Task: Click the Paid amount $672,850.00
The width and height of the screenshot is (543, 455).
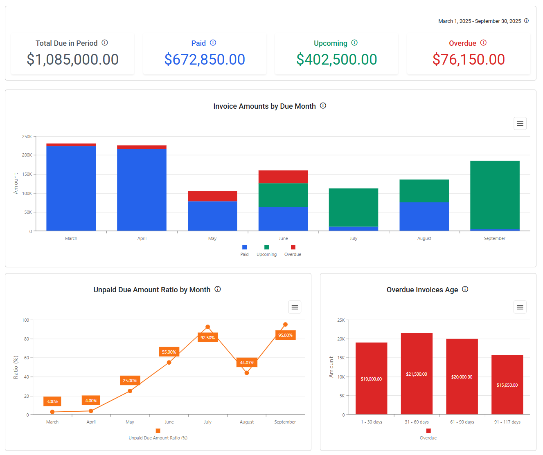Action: pos(205,60)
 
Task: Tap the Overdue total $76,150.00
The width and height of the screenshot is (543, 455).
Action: pos(469,60)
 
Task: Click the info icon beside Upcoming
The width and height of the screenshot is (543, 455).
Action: pos(354,43)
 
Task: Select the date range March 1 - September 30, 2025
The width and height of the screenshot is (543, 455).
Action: pos(479,21)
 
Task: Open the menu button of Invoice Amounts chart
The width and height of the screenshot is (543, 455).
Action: pos(520,123)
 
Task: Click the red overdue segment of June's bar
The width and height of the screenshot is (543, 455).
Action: pos(283,177)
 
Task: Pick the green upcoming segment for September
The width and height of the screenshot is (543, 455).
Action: pos(495,195)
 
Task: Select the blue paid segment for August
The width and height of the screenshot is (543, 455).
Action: pos(424,216)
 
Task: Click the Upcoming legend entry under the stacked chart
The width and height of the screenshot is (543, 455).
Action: pos(266,251)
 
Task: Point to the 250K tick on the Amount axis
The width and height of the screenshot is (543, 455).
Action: pos(27,137)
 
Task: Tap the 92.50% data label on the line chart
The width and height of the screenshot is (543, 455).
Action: pos(207,338)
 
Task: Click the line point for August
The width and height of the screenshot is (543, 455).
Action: pos(247,373)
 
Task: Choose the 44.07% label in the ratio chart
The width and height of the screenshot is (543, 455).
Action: pos(247,363)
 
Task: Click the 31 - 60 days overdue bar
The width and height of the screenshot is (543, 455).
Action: pos(417,374)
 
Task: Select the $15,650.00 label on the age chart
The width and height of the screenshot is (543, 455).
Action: pos(507,385)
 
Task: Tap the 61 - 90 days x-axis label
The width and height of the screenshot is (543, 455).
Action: pos(462,422)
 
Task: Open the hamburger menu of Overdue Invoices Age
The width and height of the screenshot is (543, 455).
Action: pos(520,307)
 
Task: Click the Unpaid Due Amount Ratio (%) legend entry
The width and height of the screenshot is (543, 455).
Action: pos(158,435)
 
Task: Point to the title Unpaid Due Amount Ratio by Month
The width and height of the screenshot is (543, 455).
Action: pos(152,290)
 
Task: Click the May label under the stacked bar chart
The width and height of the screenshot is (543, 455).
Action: pos(212,238)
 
